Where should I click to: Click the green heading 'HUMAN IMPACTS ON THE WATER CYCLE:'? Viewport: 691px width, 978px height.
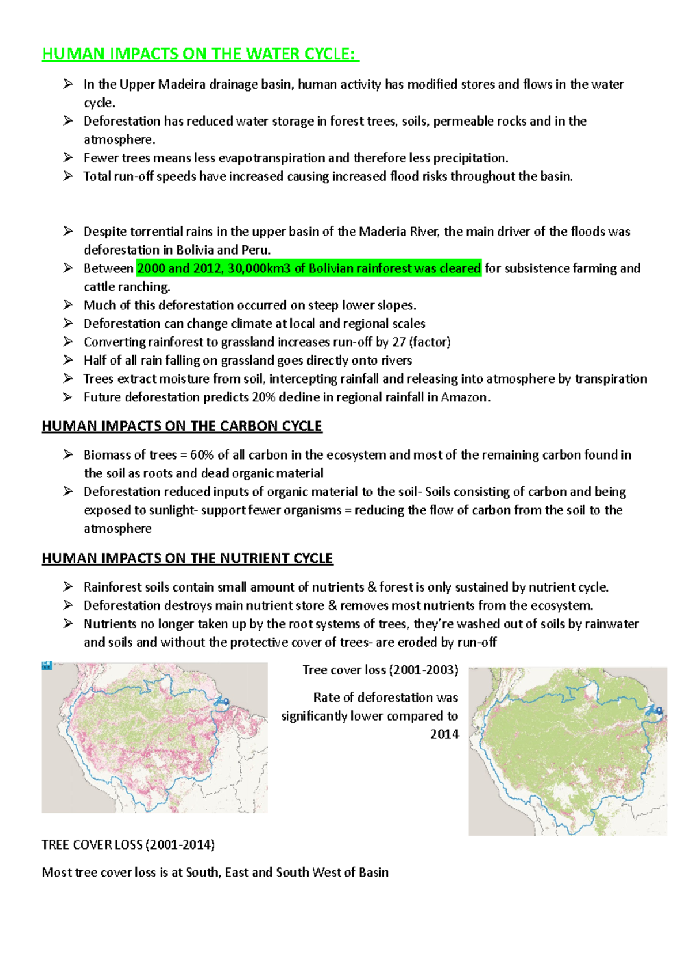click(x=200, y=54)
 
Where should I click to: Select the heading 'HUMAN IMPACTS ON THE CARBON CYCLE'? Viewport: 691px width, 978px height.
click(x=182, y=426)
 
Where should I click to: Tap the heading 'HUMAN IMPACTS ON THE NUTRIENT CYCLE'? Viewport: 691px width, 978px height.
click(x=187, y=558)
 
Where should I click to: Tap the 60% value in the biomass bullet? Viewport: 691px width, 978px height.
click(x=202, y=455)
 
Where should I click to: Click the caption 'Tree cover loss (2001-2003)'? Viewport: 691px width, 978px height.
click(x=381, y=670)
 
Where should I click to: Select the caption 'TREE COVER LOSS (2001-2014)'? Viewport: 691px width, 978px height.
click(x=128, y=845)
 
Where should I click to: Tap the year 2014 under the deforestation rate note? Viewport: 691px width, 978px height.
click(x=444, y=734)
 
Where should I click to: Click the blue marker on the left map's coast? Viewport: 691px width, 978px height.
click(x=221, y=702)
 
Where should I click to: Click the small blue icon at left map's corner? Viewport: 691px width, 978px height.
click(x=47, y=666)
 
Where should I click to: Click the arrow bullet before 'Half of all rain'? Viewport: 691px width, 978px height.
click(x=68, y=360)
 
